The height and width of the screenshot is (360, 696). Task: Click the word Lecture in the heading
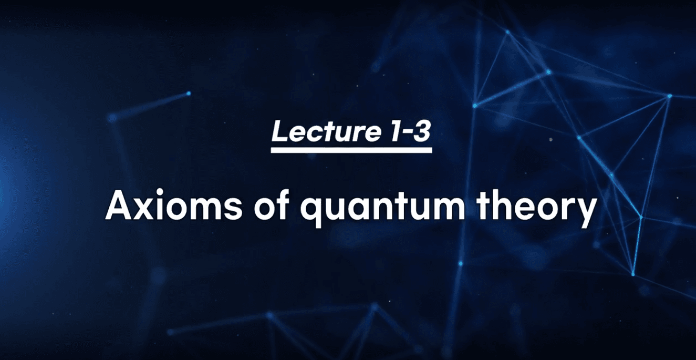pyautogui.click(x=326, y=131)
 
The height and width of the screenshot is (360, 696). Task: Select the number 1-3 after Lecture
pyautogui.click(x=410, y=131)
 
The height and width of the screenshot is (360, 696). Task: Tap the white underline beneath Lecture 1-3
pyautogui.click(x=351, y=150)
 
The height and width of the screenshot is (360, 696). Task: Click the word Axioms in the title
pyautogui.click(x=174, y=204)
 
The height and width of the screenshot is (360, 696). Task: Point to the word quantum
pyautogui.click(x=382, y=208)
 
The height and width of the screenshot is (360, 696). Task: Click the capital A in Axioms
pyautogui.click(x=119, y=204)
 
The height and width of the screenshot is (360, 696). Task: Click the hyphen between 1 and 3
pyautogui.click(x=405, y=133)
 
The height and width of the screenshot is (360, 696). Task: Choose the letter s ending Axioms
pyautogui.click(x=233, y=209)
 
